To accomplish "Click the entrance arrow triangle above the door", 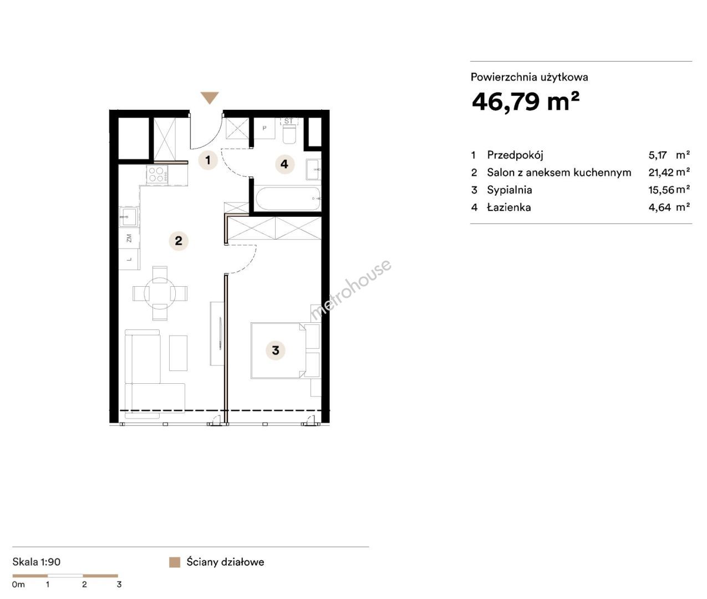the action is [x=210, y=98].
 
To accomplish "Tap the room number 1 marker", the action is [x=208, y=160].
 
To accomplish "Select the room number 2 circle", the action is [x=179, y=241].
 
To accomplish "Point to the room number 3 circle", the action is [x=276, y=351].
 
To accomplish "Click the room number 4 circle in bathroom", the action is [x=284, y=164].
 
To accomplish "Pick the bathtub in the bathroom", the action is [x=288, y=199].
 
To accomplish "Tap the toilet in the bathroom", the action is [x=289, y=134].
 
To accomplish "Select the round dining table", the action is [x=160, y=293].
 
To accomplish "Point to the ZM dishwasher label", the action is [x=129, y=238].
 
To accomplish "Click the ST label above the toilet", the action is [x=289, y=121].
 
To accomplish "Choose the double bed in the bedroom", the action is [x=278, y=351].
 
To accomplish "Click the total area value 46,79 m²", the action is [x=525, y=101].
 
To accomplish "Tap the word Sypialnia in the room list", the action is [x=509, y=190].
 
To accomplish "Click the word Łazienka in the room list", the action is [x=509, y=207].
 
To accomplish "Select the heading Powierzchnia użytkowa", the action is [x=530, y=77].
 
